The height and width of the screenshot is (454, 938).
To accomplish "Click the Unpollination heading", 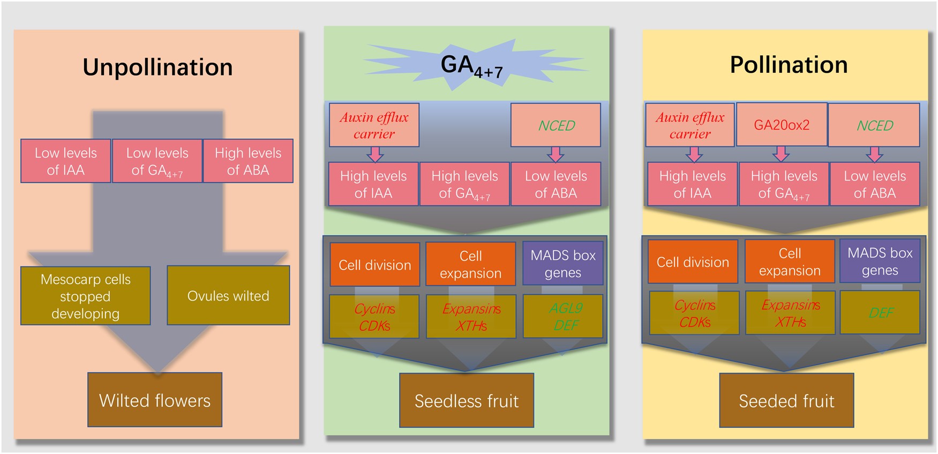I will (x=157, y=68).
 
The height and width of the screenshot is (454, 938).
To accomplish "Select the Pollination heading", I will (x=789, y=65).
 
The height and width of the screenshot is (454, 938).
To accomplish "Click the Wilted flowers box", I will (x=155, y=400).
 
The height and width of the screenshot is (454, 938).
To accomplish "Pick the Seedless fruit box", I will (x=467, y=400).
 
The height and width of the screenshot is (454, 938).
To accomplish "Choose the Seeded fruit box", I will (x=786, y=400).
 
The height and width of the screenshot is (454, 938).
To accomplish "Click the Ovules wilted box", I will (x=228, y=295).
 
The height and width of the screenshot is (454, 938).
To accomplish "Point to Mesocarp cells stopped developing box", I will (x=86, y=296).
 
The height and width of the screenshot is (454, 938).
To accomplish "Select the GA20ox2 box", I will (x=782, y=125).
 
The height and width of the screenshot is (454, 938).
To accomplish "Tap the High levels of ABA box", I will (x=248, y=161).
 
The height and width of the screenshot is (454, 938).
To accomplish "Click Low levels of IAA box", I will (x=66, y=161).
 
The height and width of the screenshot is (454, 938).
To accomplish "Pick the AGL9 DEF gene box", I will (x=563, y=316).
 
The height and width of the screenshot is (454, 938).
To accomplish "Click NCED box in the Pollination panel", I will (x=874, y=125).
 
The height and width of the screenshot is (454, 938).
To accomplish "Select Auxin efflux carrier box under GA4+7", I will (x=374, y=125).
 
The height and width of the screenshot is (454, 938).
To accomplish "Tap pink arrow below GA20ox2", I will (x=781, y=154).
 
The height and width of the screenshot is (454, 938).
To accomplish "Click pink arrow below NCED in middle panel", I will (x=556, y=154).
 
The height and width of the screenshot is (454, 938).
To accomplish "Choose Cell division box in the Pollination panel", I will (x=693, y=262).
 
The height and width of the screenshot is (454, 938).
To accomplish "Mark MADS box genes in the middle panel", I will (x=563, y=263).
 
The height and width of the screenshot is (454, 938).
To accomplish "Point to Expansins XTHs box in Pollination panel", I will (x=791, y=313).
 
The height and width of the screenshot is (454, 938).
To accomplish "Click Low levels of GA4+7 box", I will (x=157, y=161).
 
